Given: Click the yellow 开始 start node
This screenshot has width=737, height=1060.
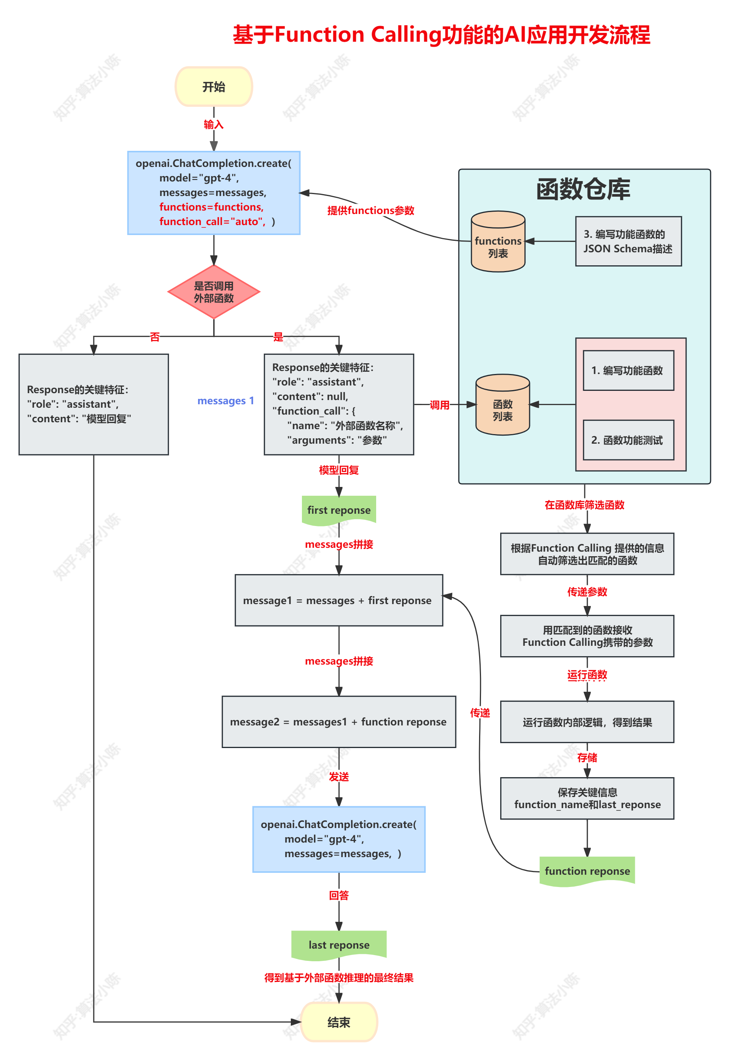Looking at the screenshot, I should click(x=214, y=87).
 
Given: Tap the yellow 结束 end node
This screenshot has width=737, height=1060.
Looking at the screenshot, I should click(x=339, y=1022).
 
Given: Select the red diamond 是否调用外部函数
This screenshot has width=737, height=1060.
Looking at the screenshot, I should click(x=214, y=292).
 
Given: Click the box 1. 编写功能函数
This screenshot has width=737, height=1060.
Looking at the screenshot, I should click(x=628, y=370).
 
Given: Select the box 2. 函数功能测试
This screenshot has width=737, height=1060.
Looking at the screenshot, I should click(x=628, y=440).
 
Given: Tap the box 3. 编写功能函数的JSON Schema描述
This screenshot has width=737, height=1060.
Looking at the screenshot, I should click(x=628, y=242).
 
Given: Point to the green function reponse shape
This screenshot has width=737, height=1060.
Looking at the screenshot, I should click(x=587, y=871).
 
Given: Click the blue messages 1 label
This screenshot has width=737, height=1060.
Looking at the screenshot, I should click(x=226, y=401).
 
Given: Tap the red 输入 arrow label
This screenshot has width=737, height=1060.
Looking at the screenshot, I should click(x=214, y=124).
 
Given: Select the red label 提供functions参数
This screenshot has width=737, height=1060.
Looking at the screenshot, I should click(x=370, y=211).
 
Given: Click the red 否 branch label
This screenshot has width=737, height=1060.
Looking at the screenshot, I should click(x=155, y=336).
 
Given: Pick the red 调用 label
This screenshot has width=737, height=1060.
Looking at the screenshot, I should click(x=439, y=405).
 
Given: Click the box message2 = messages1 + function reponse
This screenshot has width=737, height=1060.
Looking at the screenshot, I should click(x=339, y=722).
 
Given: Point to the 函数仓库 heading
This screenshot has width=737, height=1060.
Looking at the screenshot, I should click(x=583, y=189).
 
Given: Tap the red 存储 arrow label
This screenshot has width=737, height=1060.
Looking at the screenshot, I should click(x=587, y=758).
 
